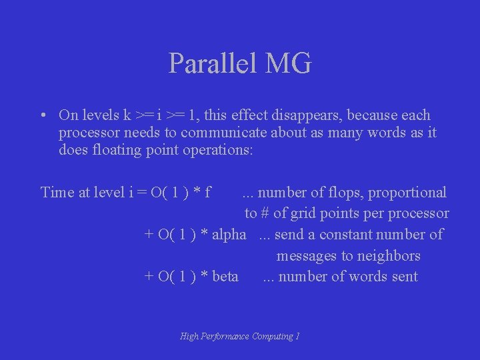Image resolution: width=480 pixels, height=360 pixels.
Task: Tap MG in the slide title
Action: click(x=289, y=63)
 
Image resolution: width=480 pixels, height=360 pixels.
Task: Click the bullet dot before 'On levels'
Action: click(x=43, y=115)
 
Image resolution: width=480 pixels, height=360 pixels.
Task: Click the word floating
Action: click(x=115, y=150)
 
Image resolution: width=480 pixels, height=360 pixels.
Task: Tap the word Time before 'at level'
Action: click(x=57, y=193)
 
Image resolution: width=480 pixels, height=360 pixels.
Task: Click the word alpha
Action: click(x=229, y=235)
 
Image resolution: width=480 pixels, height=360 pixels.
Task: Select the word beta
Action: click(x=225, y=277)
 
